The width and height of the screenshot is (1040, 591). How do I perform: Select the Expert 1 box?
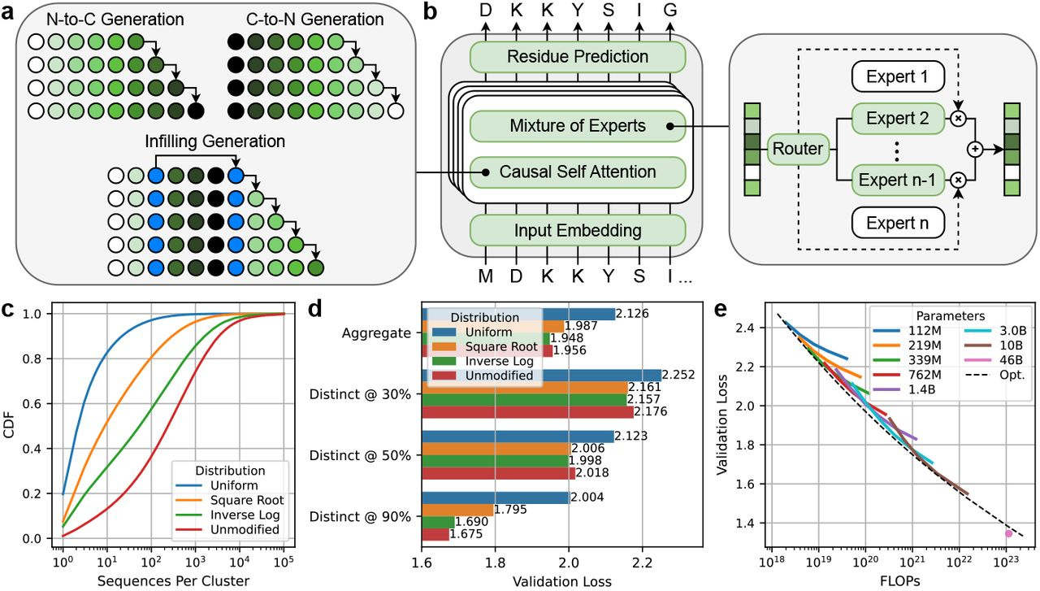[x=897, y=78]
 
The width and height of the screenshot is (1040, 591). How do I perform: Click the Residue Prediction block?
[x=577, y=57]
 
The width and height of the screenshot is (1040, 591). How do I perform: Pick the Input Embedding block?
[x=577, y=229]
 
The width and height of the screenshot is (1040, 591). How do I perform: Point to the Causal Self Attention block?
[x=577, y=172]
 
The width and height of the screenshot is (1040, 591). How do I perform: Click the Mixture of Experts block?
[x=577, y=125]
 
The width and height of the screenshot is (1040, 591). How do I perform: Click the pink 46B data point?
[x=1008, y=533]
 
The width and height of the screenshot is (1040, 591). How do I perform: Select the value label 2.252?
[x=679, y=375]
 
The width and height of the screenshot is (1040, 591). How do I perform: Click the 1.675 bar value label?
[x=466, y=534]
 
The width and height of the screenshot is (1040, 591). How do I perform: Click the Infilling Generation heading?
[x=214, y=141]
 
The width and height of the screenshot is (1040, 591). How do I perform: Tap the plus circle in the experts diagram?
[x=975, y=150]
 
